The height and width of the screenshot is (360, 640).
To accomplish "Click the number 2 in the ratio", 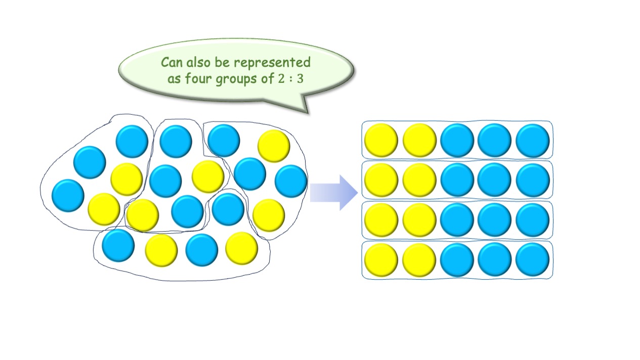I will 281,79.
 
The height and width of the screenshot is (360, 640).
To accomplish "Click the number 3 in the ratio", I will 300,79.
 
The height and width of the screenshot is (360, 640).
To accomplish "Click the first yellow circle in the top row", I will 381,140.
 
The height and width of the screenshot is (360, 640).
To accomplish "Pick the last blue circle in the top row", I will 532,140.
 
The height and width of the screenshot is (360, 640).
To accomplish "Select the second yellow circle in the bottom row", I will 419,260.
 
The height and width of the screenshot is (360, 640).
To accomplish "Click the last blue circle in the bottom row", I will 532,260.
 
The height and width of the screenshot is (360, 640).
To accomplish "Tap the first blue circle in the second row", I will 457,180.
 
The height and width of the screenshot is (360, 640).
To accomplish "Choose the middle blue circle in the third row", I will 494,220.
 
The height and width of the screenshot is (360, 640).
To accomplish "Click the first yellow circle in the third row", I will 381,220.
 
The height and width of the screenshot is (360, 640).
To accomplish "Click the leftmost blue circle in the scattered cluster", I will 68,196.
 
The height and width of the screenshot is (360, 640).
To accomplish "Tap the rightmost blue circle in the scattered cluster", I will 291,181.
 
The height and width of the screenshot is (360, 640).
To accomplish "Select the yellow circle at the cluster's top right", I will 274,146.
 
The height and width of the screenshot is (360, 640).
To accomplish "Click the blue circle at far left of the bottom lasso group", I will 118,245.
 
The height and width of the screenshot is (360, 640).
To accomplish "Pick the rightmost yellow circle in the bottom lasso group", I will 241,248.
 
